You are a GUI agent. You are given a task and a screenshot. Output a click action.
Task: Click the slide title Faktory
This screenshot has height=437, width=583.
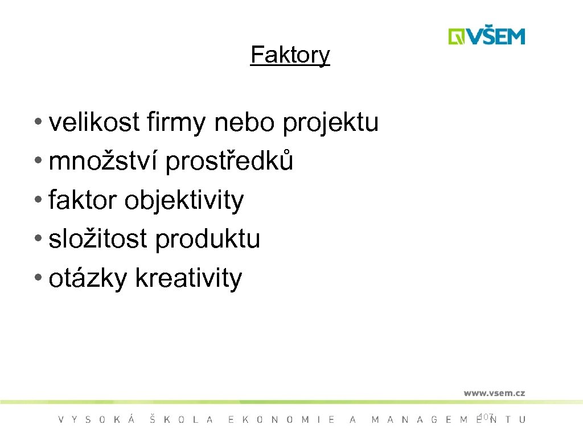click(x=290, y=55)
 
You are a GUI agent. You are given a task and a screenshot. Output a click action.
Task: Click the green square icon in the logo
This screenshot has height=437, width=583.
click(x=457, y=36)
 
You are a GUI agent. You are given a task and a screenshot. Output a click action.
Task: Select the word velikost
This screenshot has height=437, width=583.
click(x=95, y=122)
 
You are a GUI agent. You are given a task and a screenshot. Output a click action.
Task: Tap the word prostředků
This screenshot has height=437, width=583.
click(x=229, y=162)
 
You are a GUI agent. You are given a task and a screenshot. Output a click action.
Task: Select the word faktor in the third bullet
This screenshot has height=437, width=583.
click(x=83, y=200)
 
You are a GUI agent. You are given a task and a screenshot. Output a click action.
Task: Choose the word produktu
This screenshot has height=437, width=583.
click(x=207, y=240)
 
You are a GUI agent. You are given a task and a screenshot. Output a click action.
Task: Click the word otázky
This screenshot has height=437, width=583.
click(x=88, y=279)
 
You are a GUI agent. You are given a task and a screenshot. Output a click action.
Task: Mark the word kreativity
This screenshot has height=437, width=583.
click(x=188, y=279)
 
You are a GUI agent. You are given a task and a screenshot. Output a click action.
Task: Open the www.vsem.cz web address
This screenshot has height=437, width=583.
click(x=494, y=393)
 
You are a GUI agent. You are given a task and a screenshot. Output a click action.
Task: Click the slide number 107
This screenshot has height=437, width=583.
click(x=486, y=417)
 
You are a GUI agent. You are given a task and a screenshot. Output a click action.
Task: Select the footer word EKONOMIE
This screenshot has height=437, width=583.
click(x=281, y=420)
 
